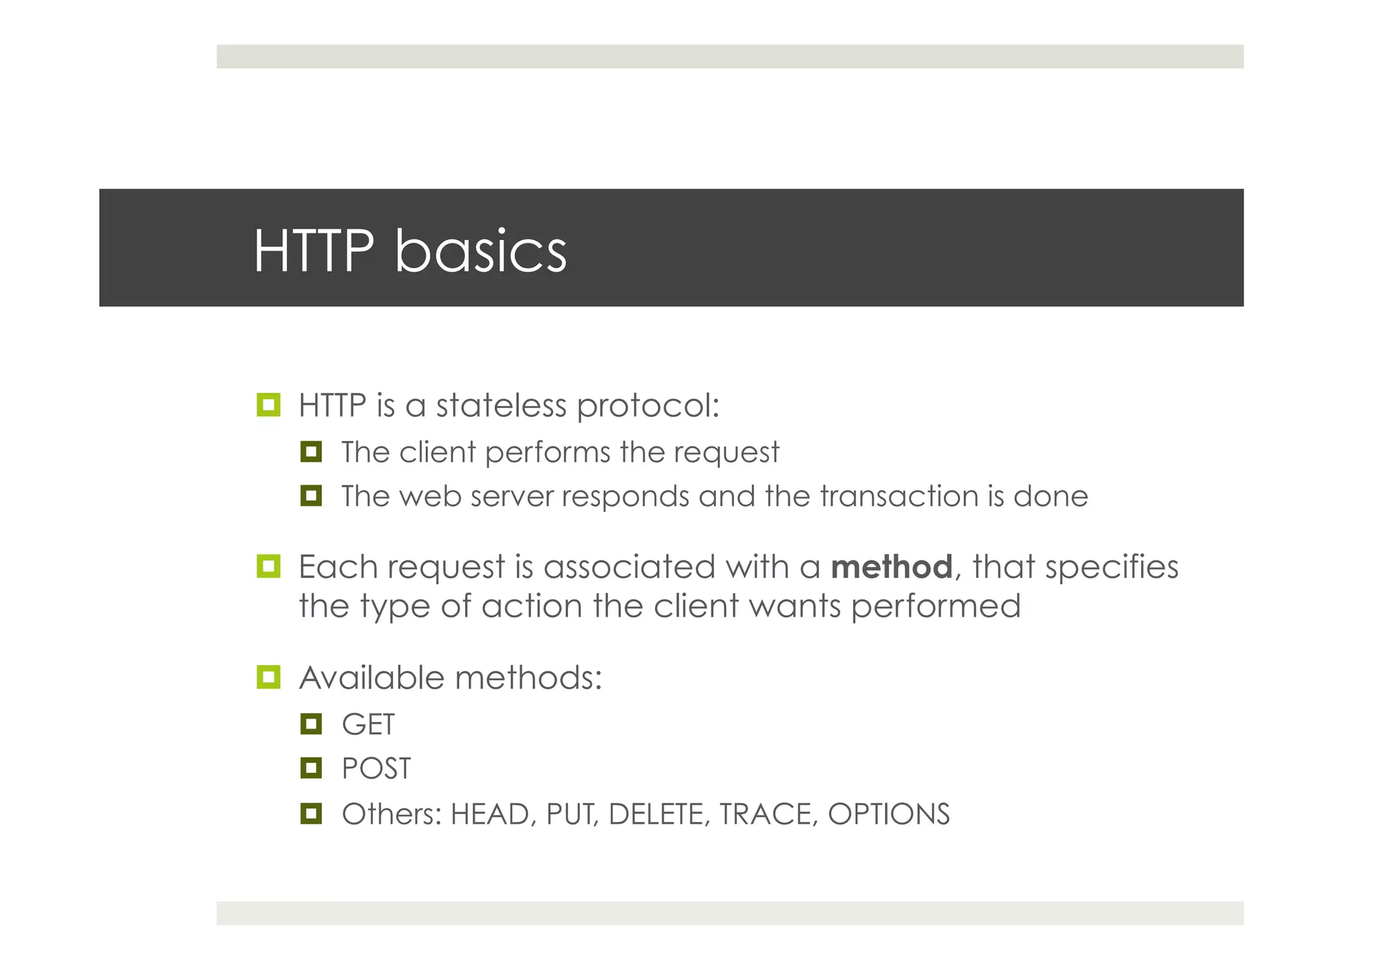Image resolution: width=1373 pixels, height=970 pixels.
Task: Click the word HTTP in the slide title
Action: point(313,251)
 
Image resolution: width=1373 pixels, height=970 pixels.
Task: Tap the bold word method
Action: point(891,567)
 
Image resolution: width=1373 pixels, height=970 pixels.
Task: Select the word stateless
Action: point(501,406)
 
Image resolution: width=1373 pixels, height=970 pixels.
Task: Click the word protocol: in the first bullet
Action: point(648,407)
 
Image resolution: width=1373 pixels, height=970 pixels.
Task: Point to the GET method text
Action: point(368,725)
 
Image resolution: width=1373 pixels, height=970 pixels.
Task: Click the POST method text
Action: point(376,768)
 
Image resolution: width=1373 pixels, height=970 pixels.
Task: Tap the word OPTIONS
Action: point(888,814)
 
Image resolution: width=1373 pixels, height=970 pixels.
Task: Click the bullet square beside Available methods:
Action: point(268,677)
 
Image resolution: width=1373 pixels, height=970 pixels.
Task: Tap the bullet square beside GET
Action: point(311,724)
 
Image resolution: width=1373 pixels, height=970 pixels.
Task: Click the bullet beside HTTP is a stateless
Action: point(268,405)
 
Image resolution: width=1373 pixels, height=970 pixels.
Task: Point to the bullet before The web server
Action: point(311,496)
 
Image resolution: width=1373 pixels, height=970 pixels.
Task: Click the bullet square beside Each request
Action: point(268,566)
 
